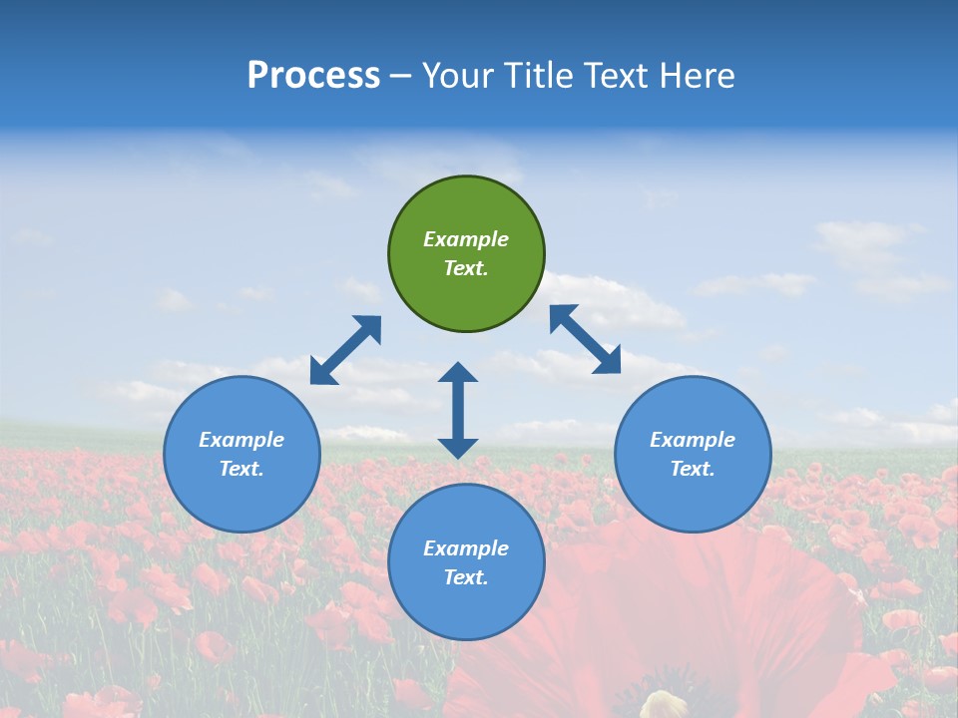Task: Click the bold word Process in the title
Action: coord(313,76)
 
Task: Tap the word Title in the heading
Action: coord(541,76)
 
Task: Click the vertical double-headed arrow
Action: coord(458,410)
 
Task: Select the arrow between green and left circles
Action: coord(345,350)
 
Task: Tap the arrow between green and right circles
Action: coord(585,339)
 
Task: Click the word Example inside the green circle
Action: coord(466,239)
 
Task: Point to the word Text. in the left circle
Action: coord(241,469)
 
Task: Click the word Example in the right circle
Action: coord(693,440)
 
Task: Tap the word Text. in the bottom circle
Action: coord(466,577)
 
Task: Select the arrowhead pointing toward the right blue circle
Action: coord(608,361)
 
